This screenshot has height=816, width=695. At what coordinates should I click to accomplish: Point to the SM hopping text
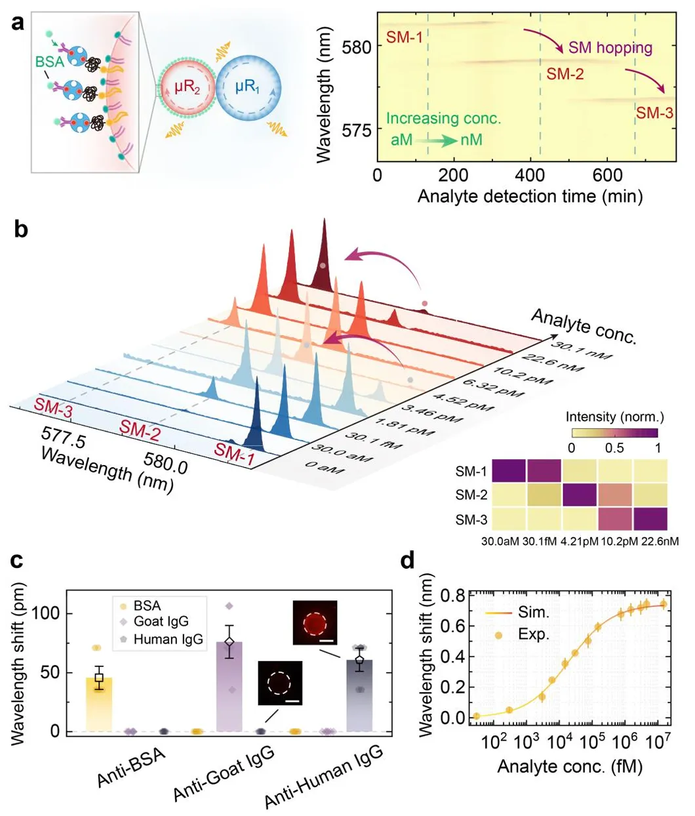click(610, 47)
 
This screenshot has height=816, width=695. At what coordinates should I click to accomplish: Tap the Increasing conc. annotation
click(443, 119)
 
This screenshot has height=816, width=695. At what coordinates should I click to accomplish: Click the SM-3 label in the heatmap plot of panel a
click(654, 113)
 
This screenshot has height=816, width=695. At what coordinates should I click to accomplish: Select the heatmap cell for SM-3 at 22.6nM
click(650, 519)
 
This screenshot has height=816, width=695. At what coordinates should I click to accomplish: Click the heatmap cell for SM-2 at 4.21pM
click(580, 495)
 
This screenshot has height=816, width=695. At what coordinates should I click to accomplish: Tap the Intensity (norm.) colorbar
click(614, 432)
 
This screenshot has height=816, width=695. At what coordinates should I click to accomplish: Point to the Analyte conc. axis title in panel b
click(583, 326)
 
